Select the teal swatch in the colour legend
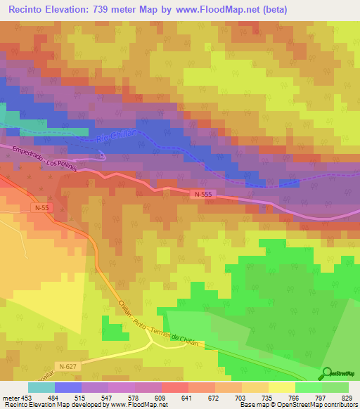pyautogui.click(x=41, y=387)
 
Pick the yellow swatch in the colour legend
pyautogui.click(x=282, y=387)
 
